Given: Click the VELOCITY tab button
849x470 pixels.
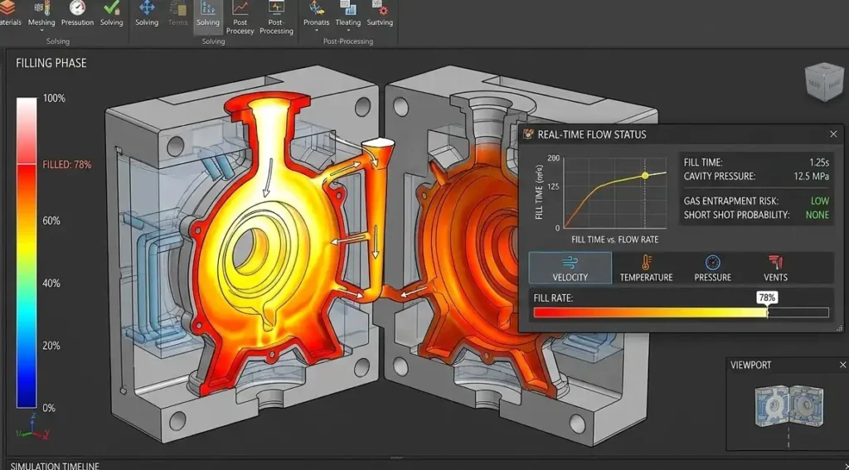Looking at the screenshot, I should pyautogui.click(x=570, y=268).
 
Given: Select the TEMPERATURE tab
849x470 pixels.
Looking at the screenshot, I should pyautogui.click(x=646, y=268).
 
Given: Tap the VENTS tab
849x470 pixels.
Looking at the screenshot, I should pyautogui.click(x=775, y=268).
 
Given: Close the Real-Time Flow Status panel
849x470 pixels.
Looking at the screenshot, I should pyautogui.click(x=833, y=134).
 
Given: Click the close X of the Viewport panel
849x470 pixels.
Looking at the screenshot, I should pyautogui.click(x=842, y=365).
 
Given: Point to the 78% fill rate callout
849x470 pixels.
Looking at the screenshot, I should pyautogui.click(x=767, y=297).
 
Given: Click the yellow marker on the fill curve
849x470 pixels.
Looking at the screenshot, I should pyautogui.click(x=645, y=176).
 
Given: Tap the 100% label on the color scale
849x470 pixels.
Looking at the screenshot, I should pyautogui.click(x=54, y=99).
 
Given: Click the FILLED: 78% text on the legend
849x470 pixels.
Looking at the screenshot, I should pyautogui.click(x=67, y=165).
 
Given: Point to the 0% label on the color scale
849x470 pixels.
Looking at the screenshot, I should pyautogui.click(x=49, y=408).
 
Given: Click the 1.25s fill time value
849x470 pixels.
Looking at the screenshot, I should pyautogui.click(x=818, y=162).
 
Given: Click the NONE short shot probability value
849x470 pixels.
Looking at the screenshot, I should pyautogui.click(x=817, y=215).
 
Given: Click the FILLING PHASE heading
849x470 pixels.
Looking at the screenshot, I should pyautogui.click(x=51, y=63).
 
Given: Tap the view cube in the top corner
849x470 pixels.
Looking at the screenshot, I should pyautogui.click(x=821, y=83).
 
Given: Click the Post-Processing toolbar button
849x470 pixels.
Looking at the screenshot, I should pyautogui.click(x=276, y=17).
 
